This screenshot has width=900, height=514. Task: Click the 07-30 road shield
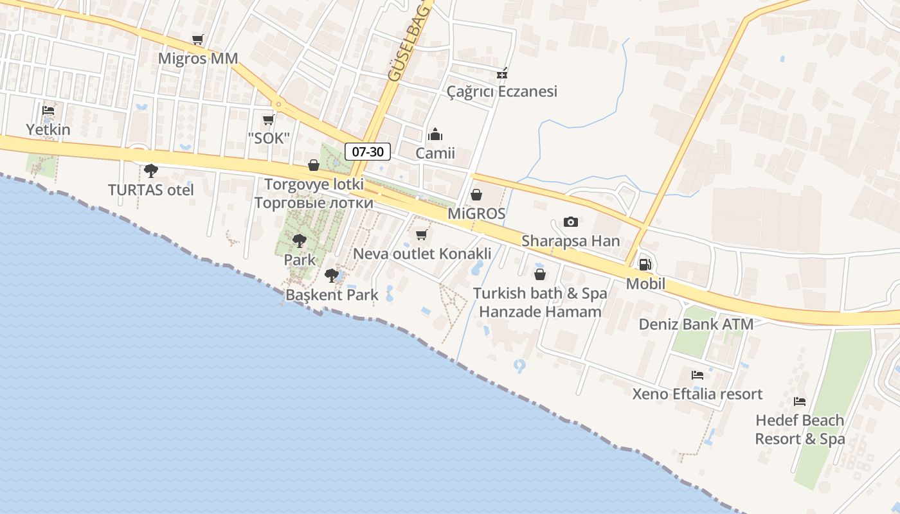click(368, 152)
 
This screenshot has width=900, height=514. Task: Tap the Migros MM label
click(198, 58)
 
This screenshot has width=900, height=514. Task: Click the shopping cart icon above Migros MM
click(198, 40)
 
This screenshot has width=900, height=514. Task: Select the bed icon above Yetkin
click(48, 111)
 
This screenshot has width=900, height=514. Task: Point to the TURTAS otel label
click(151, 190)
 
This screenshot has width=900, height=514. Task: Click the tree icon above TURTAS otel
click(151, 171)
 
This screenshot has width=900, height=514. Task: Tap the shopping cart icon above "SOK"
click(269, 120)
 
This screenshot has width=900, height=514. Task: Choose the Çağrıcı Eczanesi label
click(502, 91)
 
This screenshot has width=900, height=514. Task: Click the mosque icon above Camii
click(435, 135)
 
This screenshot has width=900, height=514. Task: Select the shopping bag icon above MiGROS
click(476, 195)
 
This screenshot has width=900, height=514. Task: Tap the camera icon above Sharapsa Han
click(570, 222)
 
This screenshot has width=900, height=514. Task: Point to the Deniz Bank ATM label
click(696, 324)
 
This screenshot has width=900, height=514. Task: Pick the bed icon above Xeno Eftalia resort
click(697, 375)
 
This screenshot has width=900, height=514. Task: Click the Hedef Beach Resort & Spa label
click(800, 429)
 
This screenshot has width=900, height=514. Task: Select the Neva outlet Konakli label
click(422, 253)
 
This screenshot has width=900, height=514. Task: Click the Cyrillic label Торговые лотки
click(314, 203)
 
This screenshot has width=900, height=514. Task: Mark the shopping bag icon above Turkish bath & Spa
click(540, 275)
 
